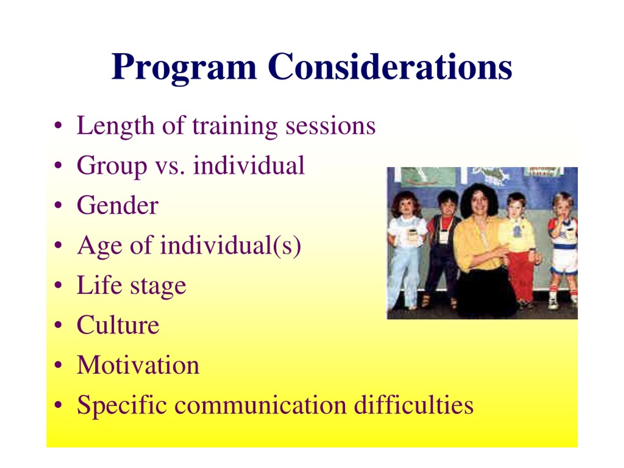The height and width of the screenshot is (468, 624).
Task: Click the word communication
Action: pyautogui.click(x=260, y=405)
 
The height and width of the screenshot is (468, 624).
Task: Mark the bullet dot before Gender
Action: pyautogui.click(x=58, y=206)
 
